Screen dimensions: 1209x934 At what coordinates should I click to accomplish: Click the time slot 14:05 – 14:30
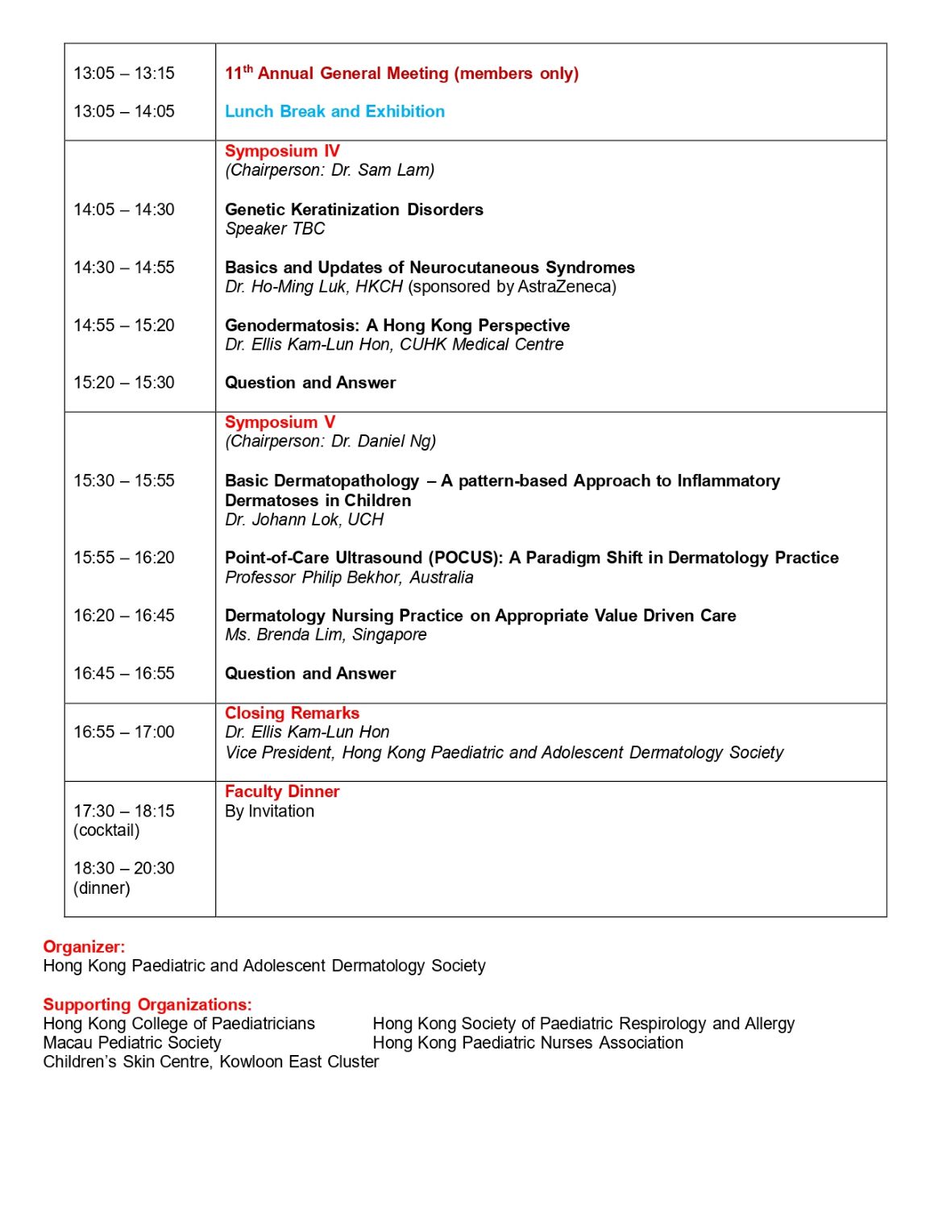[124, 210]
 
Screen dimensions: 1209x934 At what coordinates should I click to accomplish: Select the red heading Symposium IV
[282, 151]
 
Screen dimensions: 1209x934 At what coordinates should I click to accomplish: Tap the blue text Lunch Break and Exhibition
[334, 111]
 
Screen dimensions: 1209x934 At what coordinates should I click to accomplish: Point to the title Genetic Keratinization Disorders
[354, 210]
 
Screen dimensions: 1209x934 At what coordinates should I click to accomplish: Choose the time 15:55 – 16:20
[124, 558]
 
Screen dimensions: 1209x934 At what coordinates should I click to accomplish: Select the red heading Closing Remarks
[292, 713]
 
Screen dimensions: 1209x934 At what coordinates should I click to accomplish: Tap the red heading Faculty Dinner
[282, 791]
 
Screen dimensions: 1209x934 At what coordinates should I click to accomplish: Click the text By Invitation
[269, 812]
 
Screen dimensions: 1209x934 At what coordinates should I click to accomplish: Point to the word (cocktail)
[106, 831]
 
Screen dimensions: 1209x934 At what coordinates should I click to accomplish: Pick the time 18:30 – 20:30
[124, 869]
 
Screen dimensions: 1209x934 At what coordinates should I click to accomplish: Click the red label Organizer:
[84, 947]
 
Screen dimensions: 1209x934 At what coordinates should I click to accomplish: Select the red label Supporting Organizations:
[147, 1005]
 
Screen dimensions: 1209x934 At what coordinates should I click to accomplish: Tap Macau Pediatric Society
[132, 1043]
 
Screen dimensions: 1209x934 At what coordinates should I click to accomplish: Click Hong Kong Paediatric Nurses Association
[528, 1043]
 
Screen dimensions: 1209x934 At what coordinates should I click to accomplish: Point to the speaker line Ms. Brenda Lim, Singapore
[326, 635]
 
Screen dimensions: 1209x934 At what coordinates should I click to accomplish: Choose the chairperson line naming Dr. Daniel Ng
[330, 442]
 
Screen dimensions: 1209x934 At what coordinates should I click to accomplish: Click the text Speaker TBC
[275, 229]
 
